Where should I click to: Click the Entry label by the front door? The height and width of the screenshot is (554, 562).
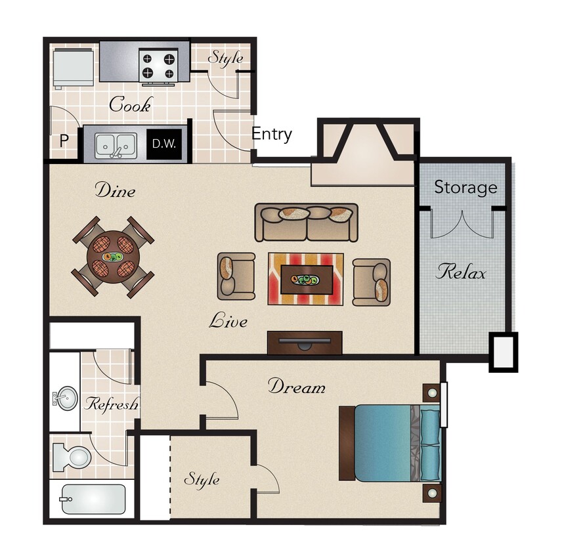click(x=272, y=135)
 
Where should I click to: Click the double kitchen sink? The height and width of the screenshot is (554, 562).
click(x=116, y=144)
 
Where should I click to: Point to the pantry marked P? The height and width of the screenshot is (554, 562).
click(x=64, y=141)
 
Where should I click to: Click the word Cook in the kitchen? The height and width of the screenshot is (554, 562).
click(x=130, y=104)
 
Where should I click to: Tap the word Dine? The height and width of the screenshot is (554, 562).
click(x=115, y=191)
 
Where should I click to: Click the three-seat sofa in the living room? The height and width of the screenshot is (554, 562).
click(x=306, y=222)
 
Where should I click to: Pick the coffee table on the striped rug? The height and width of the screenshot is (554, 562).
click(x=305, y=280)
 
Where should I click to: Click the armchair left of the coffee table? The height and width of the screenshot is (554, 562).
click(x=236, y=276)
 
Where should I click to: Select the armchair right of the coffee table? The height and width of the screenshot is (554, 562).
click(x=372, y=282)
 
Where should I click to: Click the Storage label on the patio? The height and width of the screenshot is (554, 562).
click(x=465, y=188)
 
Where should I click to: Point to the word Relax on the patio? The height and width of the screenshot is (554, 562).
click(x=462, y=272)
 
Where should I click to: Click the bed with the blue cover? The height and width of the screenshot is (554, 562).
click(x=390, y=443)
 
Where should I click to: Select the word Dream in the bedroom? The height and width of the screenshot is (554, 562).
click(x=296, y=387)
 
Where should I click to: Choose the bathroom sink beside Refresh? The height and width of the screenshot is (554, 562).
click(x=64, y=398)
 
